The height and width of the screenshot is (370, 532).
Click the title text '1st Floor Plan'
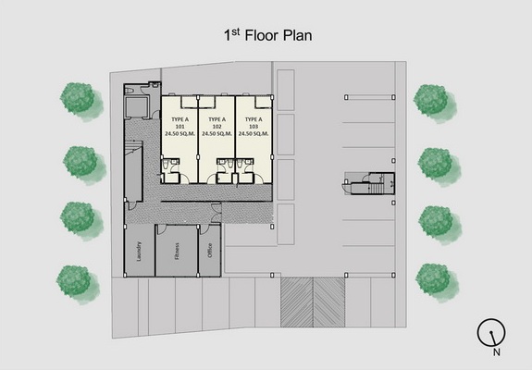click(x=267, y=35)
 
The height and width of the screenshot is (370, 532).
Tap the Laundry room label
click(x=139, y=251)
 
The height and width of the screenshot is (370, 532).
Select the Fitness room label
click(x=177, y=252)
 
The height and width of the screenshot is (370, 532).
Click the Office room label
click(x=210, y=251)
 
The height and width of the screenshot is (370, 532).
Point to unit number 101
click(x=180, y=127)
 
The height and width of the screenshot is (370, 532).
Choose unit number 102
click(x=217, y=127)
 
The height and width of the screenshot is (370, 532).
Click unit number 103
click(x=254, y=127)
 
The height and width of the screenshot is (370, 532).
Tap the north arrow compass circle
click(x=491, y=332)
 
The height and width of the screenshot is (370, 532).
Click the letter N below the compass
click(x=496, y=352)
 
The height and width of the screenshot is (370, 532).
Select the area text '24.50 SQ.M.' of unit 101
click(x=180, y=133)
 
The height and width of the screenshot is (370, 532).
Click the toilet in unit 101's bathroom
click(x=166, y=166)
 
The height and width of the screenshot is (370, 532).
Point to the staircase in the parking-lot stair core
click(x=376, y=188)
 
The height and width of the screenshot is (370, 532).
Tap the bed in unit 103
click(x=262, y=102)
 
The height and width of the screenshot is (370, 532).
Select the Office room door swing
click(x=204, y=228)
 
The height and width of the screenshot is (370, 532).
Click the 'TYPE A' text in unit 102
click(x=217, y=119)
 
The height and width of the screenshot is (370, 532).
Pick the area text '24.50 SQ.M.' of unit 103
click(x=254, y=133)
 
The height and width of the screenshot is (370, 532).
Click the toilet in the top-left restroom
click(x=130, y=91)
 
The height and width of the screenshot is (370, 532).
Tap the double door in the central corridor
click(x=216, y=213)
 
